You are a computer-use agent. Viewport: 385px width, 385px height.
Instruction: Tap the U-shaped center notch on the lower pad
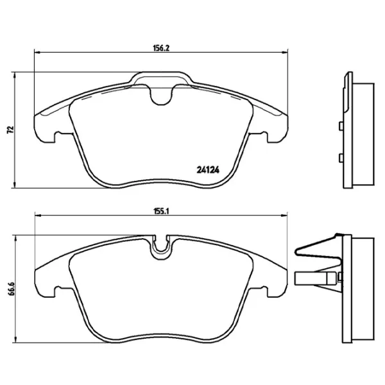[160, 248]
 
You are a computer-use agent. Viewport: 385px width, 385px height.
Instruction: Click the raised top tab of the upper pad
[160, 79]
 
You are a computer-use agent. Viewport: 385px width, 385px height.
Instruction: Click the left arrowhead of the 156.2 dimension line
[36, 54]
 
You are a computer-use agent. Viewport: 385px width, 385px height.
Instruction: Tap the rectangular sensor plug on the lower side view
[314, 278]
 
